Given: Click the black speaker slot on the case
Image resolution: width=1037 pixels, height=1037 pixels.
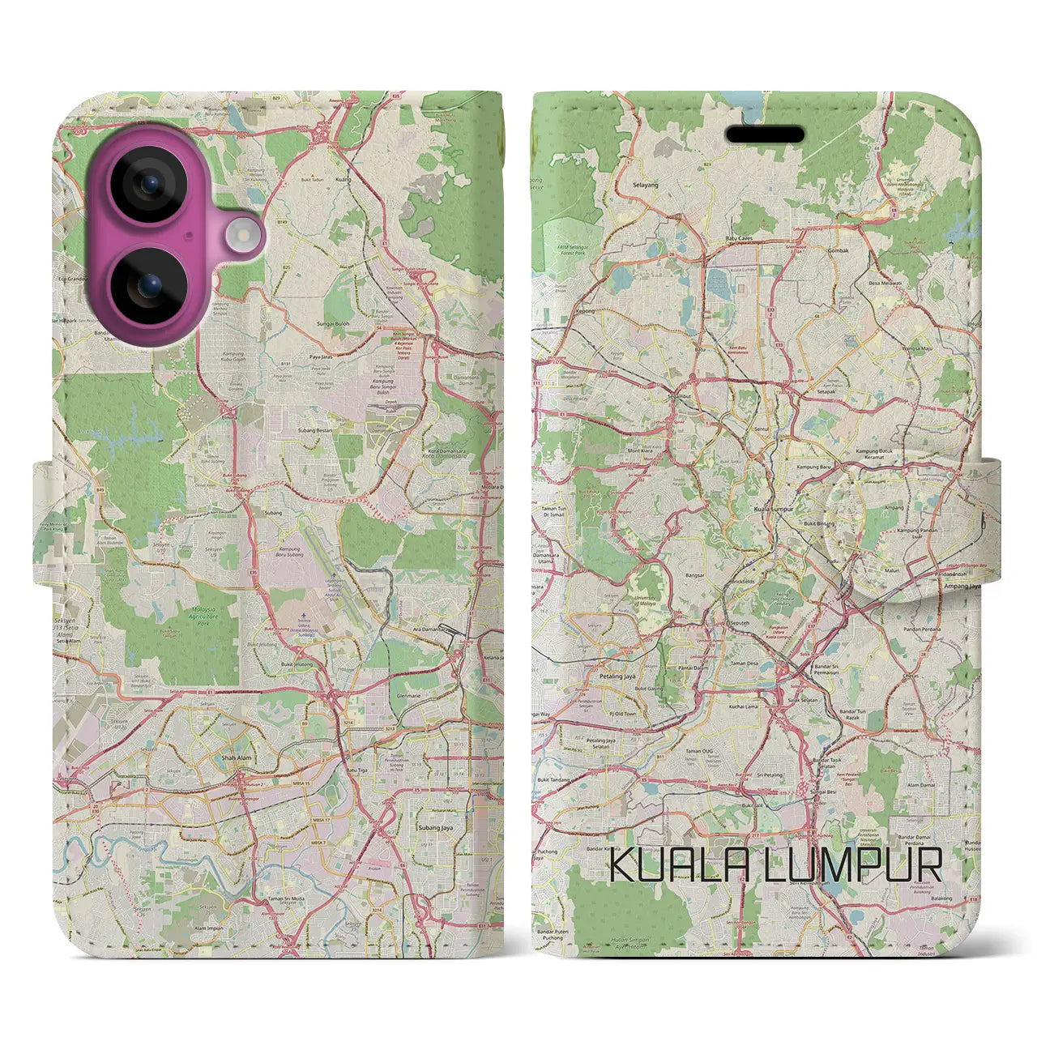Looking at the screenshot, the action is (x=765, y=134).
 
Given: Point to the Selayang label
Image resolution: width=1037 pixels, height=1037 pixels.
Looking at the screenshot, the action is (x=646, y=185).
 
